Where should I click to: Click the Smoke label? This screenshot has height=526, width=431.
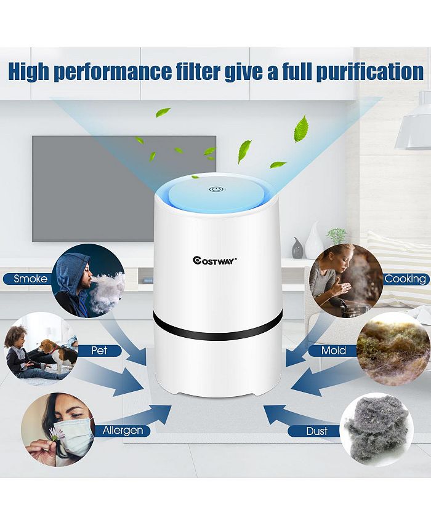pyautogui.click(x=31, y=279)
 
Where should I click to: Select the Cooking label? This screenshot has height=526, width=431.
pyautogui.click(x=405, y=279)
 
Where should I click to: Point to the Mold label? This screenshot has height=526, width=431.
pyautogui.click(x=334, y=351)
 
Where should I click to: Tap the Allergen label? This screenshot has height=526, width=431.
pyautogui.click(x=124, y=430)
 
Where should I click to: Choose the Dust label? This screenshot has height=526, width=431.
pyautogui.click(x=316, y=431)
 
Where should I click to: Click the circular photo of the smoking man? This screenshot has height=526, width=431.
pyautogui.click(x=89, y=281)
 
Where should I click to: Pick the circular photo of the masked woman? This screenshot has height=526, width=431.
pyautogui.click(x=58, y=429)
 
